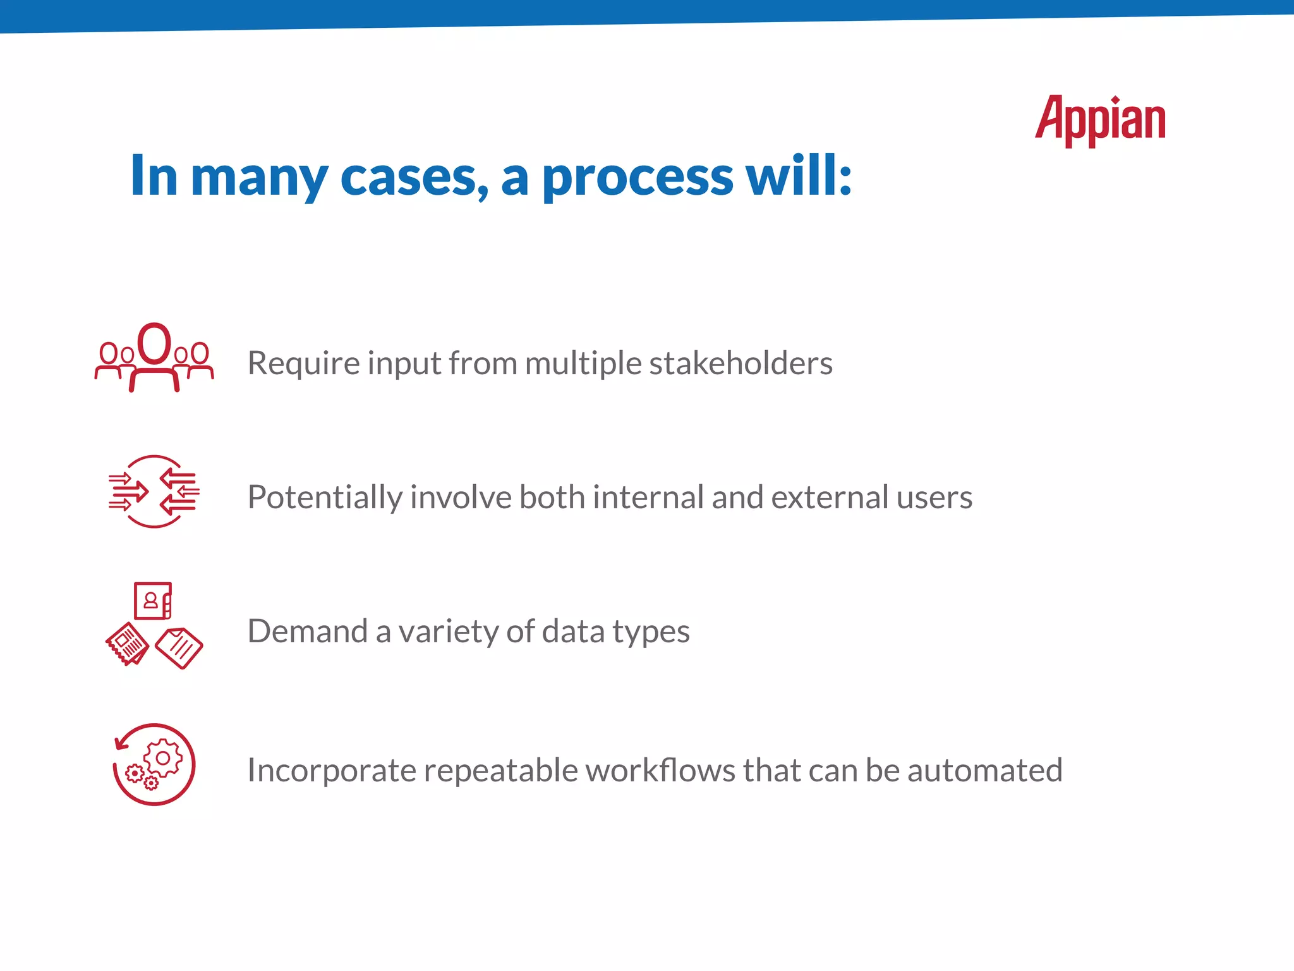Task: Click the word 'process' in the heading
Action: [638, 177]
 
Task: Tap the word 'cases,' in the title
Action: [414, 177]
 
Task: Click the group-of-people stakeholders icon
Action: [154, 358]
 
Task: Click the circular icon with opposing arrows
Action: [154, 491]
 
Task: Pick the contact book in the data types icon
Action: [152, 601]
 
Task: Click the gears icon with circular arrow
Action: [154, 764]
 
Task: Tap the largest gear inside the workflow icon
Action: [163, 758]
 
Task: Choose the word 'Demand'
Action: [307, 632]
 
